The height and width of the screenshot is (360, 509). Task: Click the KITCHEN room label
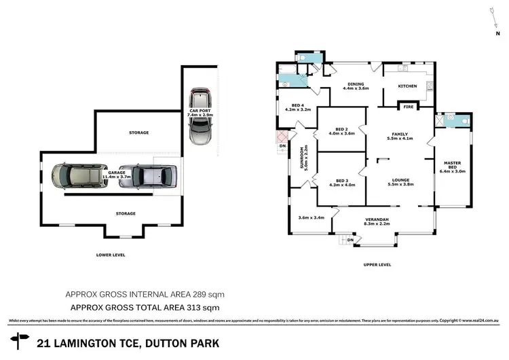pyautogui.click(x=407, y=86)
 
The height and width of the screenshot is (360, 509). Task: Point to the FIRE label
pyautogui.click(x=409, y=107)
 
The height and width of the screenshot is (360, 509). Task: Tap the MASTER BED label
pyautogui.click(x=452, y=166)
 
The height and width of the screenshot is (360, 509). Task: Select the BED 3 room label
pyautogui.click(x=341, y=181)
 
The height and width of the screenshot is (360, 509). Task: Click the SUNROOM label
pyautogui.click(x=305, y=157)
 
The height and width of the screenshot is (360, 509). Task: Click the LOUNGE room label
pyautogui.click(x=400, y=181)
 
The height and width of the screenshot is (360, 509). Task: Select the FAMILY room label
pyautogui.click(x=399, y=135)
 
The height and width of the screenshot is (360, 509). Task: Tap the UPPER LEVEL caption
pyautogui.click(x=377, y=264)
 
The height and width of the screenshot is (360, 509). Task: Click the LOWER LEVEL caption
pyautogui.click(x=111, y=255)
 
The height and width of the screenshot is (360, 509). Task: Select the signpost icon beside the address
pyautogui.click(x=19, y=342)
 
